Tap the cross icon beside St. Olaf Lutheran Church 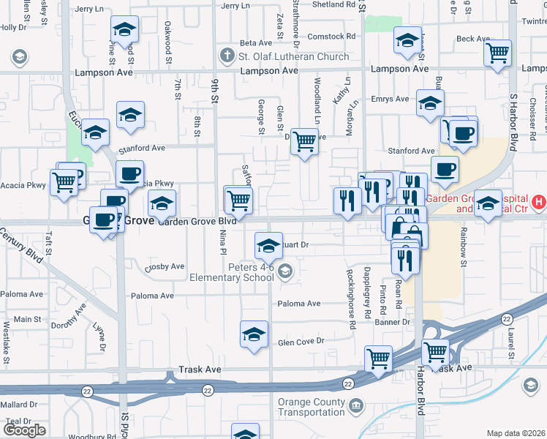pos(227,56)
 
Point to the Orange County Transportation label pos(312,408)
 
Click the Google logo pos(24,430)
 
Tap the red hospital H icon pos(539,200)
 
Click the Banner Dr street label pos(392,322)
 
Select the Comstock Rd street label pos(331,36)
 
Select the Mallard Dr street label pos(18,404)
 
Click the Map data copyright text pos(516,433)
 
